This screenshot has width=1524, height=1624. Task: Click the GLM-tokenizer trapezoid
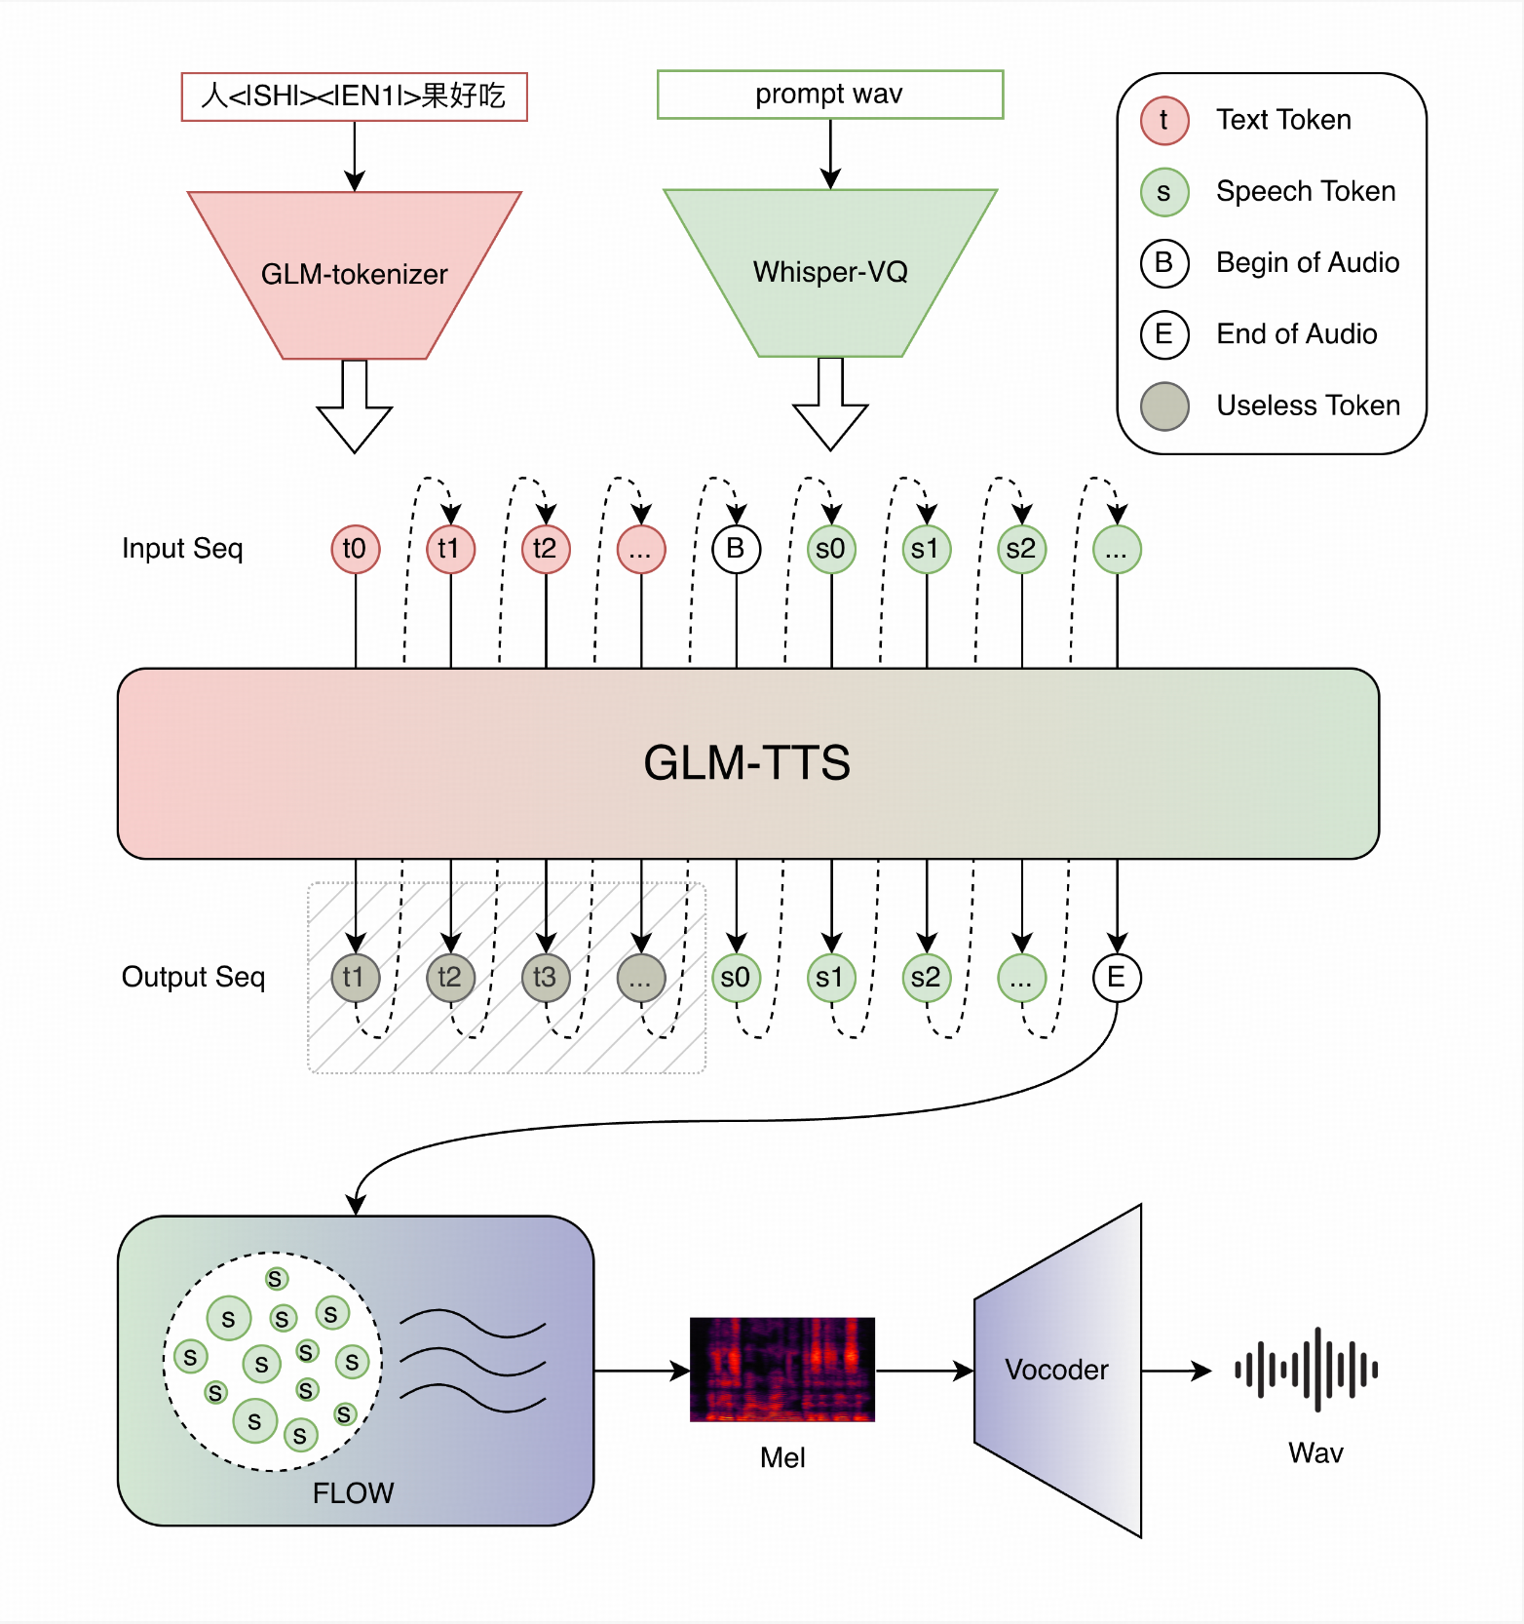point(354,275)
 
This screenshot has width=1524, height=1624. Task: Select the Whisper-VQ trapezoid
point(830,272)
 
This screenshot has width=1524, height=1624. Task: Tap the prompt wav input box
point(829,95)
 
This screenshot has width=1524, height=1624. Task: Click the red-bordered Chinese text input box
point(354,97)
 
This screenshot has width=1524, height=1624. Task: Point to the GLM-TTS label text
point(746,762)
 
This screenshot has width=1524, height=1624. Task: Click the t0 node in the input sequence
point(355,549)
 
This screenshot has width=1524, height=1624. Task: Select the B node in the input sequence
point(736,549)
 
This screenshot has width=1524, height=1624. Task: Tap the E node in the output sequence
point(1116,977)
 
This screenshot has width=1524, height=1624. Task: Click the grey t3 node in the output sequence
point(545,977)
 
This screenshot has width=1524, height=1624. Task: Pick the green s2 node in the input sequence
point(1021,549)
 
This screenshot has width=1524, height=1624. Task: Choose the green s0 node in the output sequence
point(736,977)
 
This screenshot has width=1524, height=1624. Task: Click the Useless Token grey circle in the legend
point(1164,406)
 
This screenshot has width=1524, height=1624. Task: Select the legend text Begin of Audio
point(1307,262)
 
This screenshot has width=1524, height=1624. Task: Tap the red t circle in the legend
point(1164,120)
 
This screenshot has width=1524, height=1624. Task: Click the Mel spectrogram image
point(781,1370)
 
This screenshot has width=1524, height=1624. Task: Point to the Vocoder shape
point(1057,1370)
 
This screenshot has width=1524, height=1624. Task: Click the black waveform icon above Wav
point(1306,1370)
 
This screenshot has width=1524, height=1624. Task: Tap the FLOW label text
point(353,1492)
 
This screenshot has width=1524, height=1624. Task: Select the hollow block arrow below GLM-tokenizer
point(355,409)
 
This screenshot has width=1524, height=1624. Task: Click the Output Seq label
point(193,977)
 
